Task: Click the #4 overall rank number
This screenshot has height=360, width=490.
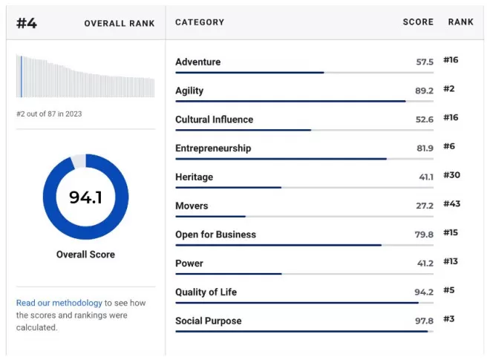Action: [27, 23]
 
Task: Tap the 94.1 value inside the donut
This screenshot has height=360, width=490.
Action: [85, 197]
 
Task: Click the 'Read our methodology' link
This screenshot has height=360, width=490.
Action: [59, 303]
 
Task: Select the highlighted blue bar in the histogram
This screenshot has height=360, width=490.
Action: [22, 76]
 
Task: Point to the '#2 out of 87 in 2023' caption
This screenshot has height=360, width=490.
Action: [49, 114]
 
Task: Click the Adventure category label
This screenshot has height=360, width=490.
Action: [197, 62]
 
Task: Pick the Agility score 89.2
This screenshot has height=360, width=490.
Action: [424, 91]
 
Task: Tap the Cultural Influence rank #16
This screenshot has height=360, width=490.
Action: [451, 117]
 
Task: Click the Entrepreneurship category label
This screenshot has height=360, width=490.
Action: [213, 148]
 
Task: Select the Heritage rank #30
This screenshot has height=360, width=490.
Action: [451, 175]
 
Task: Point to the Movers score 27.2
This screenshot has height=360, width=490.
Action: [425, 206]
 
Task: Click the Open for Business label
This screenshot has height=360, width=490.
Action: [215, 235]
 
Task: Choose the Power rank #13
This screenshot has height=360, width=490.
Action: [451, 261]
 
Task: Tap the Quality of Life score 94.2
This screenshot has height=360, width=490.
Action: [424, 292]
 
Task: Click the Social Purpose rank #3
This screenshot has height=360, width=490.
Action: [448, 318]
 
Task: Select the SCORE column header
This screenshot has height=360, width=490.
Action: [418, 22]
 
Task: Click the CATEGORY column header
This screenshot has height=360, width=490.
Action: [200, 22]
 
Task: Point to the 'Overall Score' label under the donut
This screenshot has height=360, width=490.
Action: [85, 255]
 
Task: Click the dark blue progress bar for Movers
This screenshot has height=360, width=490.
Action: [211, 216]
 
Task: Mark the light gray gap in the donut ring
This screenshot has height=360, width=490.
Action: [79, 160]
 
